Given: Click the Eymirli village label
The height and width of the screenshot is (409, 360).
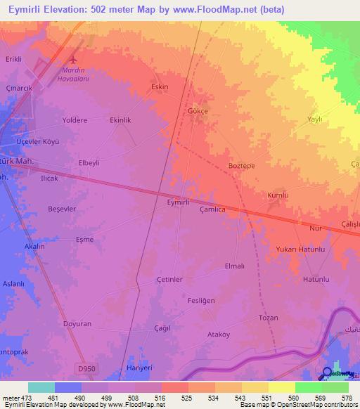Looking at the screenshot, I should click(x=178, y=202).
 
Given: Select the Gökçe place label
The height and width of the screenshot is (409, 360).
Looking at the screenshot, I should click(x=198, y=111).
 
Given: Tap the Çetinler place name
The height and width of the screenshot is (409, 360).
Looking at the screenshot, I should click(x=169, y=279).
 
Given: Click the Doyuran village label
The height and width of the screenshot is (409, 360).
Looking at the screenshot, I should click(x=77, y=324).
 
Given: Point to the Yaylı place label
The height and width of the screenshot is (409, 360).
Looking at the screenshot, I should click(x=314, y=119).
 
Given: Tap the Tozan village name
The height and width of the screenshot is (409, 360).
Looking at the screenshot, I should click(x=269, y=318).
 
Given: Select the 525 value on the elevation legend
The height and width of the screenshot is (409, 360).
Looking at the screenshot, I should click(x=186, y=398).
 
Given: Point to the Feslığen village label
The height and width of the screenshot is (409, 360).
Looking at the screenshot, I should click(x=201, y=300).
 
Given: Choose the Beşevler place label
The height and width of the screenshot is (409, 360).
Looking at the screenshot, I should click(x=61, y=209).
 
